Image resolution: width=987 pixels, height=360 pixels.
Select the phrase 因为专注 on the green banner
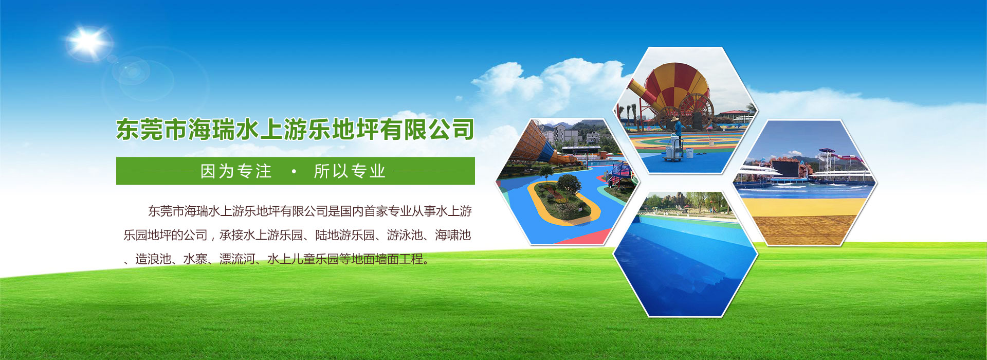[236, 171]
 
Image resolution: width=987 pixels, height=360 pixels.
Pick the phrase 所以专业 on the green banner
[350, 171]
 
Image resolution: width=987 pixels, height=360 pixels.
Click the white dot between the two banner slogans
[294, 171]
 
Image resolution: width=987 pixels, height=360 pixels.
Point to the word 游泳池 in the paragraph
[405, 235]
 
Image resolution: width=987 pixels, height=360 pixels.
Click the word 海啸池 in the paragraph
[453, 235]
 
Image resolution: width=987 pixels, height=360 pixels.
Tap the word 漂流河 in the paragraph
[237, 259]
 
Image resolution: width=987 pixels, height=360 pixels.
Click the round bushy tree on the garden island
[569, 184]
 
